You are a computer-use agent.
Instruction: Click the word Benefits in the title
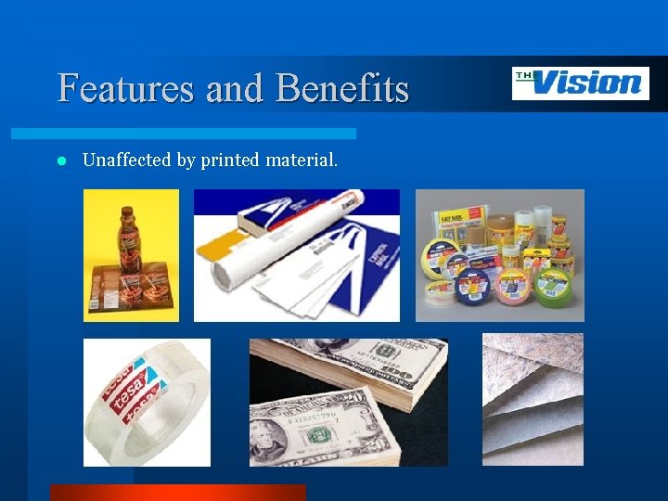[342, 88]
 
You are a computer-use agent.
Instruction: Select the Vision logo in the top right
[580, 83]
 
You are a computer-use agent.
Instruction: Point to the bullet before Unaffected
[60, 161]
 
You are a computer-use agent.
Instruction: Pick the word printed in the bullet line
[229, 161]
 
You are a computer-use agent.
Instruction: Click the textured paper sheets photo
[533, 399]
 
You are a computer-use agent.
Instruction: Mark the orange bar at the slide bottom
[177, 492]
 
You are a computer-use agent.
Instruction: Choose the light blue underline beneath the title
[204, 134]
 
